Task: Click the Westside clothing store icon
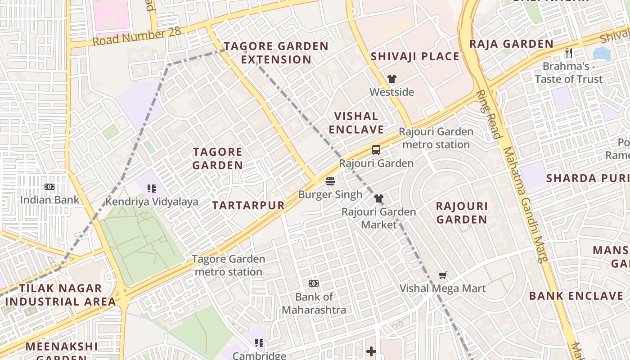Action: tap(392, 79)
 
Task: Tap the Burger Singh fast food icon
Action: tap(330, 181)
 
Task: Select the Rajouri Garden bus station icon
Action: tap(376, 150)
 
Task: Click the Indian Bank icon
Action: tap(49, 187)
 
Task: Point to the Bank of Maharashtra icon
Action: tap(314, 283)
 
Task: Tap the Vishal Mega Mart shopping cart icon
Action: tap(443, 275)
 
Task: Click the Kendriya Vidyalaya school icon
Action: tap(152, 189)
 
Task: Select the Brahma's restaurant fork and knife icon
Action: tap(569, 53)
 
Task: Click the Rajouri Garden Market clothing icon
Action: tap(378, 198)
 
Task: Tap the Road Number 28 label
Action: tap(137, 36)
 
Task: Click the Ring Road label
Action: tap(488, 115)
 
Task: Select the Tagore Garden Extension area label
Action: tap(276, 53)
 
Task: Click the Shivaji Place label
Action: tap(415, 57)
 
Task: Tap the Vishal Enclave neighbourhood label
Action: tap(356, 123)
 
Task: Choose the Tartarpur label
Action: tap(248, 206)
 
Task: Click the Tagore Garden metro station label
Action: tap(229, 265)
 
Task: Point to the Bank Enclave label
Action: tap(576, 296)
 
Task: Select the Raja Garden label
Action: tap(511, 44)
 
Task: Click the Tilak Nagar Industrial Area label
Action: tap(60, 295)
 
